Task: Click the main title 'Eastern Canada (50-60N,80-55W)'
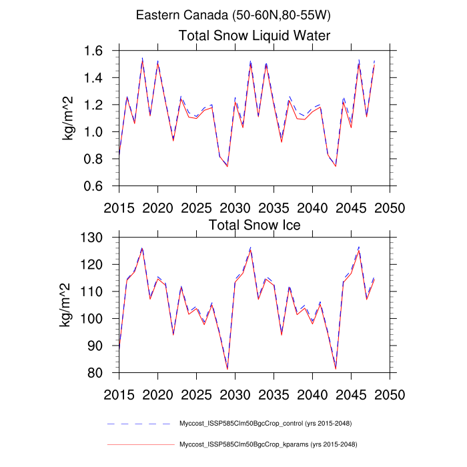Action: click(233, 15)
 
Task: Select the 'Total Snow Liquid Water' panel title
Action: click(255, 35)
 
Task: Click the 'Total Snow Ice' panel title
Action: click(255, 225)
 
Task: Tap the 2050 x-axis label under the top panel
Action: click(390, 207)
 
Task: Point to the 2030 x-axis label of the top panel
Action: click(235, 207)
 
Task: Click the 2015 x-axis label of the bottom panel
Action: click(119, 394)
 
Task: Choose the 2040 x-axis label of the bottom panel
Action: click(313, 394)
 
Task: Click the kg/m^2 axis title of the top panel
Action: click(69, 119)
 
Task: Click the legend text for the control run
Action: click(266, 424)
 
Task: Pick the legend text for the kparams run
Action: click(266, 444)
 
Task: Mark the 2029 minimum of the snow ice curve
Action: click(227, 369)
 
